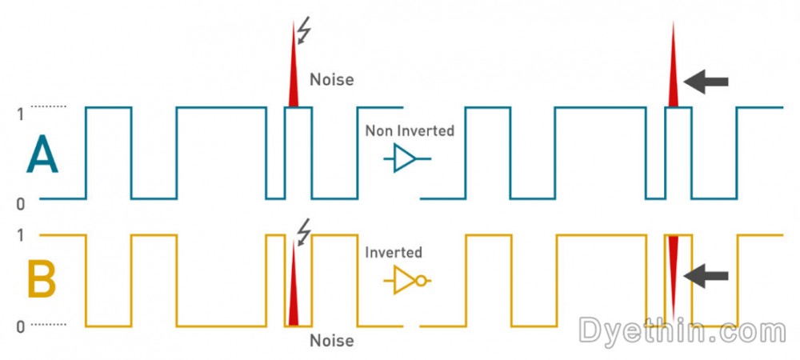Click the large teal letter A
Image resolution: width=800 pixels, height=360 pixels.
[42, 155]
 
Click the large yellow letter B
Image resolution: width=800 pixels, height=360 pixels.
[42, 281]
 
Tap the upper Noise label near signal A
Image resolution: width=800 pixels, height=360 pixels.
[331, 80]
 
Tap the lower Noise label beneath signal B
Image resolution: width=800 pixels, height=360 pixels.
[331, 341]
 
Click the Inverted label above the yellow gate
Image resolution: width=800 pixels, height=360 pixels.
[393, 253]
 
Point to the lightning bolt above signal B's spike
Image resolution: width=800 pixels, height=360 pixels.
[303, 232]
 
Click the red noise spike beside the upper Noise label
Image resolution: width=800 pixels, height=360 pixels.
[294, 76]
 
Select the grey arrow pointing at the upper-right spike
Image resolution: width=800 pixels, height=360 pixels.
[706, 81]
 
